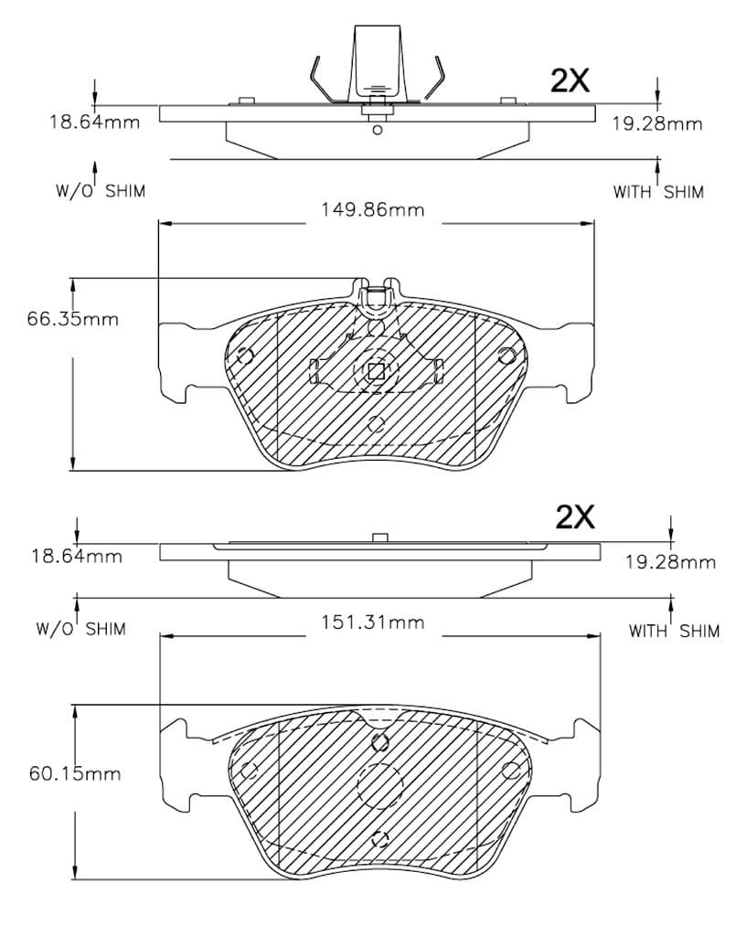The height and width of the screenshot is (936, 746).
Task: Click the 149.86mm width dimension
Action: [373, 209]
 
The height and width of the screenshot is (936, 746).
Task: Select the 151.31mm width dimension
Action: [373, 622]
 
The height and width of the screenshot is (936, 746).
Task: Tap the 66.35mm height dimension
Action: [73, 319]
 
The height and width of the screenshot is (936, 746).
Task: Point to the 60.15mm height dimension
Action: [75, 773]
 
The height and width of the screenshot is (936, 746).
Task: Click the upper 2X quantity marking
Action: [570, 80]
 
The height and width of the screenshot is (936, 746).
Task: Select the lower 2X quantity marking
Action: [575, 517]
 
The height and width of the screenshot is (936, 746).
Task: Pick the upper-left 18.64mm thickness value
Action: [94, 122]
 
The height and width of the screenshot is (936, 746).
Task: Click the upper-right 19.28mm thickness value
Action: [657, 123]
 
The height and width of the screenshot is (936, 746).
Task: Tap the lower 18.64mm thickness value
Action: [77, 557]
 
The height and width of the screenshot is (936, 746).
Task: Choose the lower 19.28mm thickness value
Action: [670, 562]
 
